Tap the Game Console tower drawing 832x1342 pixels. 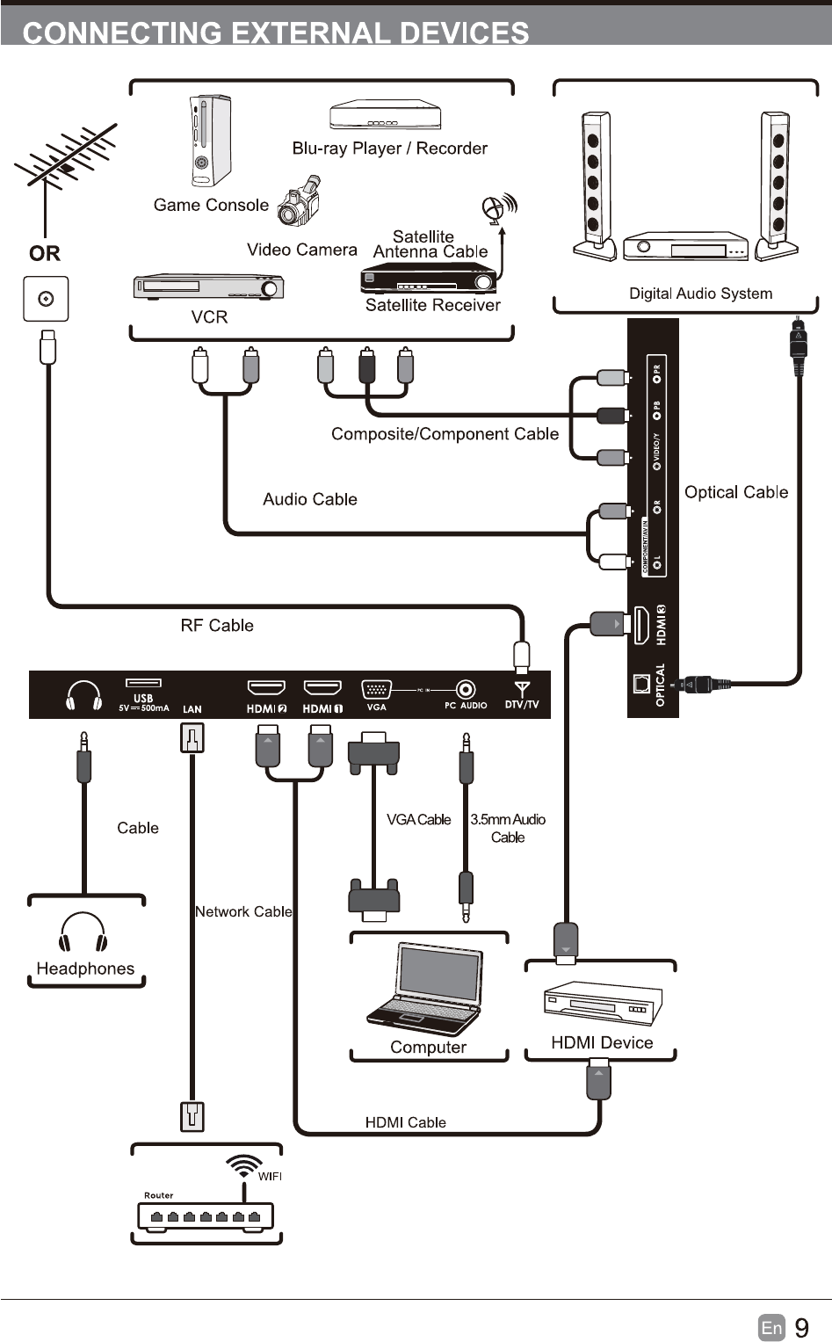coord(210,141)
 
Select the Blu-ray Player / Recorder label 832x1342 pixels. coord(389,149)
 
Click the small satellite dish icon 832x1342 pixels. coord(496,209)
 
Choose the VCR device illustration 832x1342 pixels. coord(208,287)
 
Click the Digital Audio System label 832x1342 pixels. coord(700,294)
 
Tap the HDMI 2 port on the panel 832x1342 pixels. coord(266,687)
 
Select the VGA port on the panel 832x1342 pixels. coord(376,690)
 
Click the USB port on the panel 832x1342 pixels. coord(143,683)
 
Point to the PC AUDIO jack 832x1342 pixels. coord(466,690)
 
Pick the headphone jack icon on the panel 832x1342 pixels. coord(83,696)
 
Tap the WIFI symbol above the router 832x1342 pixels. coord(243,1165)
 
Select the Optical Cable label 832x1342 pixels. coord(736,492)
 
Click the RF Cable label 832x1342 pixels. coord(217,626)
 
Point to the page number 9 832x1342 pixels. coord(801,1327)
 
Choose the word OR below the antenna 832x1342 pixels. coord(45,254)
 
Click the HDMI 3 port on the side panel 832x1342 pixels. coord(640,625)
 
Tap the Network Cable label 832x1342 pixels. coord(243,912)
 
